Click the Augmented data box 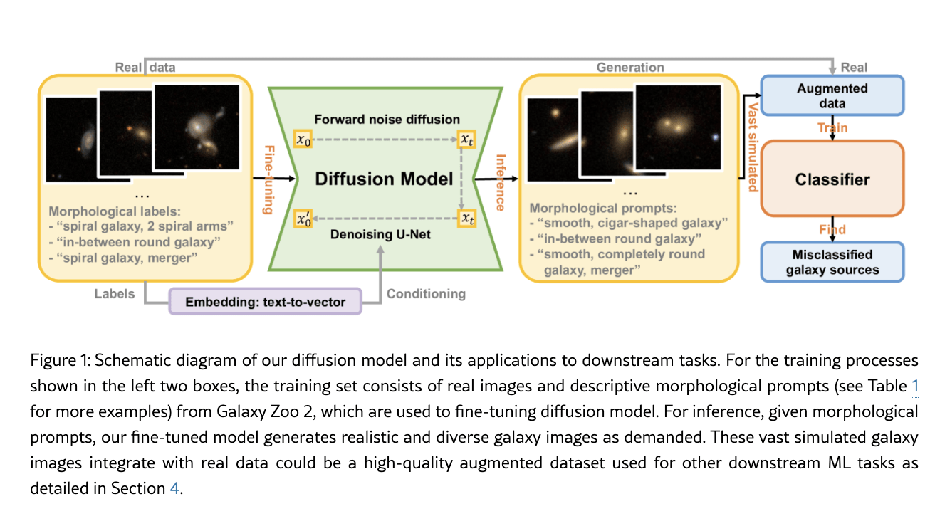832,96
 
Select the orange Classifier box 832,179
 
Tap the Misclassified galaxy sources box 832,262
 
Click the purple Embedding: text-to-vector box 265,302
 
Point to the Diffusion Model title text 385,179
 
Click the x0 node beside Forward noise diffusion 303,140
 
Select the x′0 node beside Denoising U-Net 303,219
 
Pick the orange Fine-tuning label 268,179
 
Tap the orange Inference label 500,182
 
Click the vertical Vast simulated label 752,147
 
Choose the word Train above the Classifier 832,128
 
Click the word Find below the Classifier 832,229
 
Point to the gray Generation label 630,68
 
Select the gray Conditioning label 426,293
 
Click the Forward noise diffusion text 387,120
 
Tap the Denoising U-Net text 380,234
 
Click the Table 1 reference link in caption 915,387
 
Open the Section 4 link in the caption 174,488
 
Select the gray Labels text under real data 115,293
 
